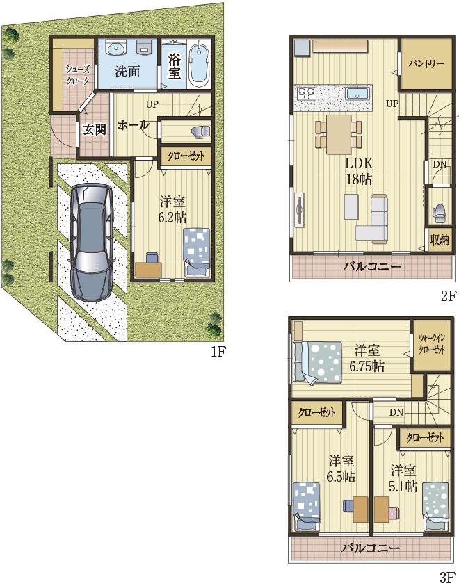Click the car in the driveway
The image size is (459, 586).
tap(92, 242)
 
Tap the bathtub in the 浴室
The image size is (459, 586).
tap(199, 64)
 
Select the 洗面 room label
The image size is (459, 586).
tap(127, 72)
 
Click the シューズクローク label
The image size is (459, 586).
tap(77, 75)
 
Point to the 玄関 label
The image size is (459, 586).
tap(94, 130)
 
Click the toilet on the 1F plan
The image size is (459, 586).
tap(200, 131)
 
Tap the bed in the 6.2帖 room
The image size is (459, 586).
tap(196, 252)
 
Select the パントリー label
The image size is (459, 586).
tap(426, 63)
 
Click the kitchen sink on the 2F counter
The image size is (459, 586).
tap(357, 93)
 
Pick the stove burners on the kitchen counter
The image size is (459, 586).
tap(306, 93)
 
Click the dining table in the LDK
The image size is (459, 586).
tap(339, 134)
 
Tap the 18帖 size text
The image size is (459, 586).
tap(358, 179)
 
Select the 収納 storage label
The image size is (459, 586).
tap(440, 240)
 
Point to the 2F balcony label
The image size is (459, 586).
tap(372, 267)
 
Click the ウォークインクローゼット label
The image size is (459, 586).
tap(432, 344)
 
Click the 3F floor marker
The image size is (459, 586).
tap(447, 578)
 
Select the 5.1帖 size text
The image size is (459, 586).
tap(403, 486)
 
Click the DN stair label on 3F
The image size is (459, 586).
tap(396, 413)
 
